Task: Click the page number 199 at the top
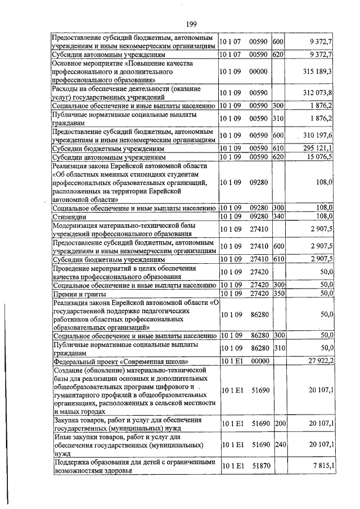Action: (190, 24)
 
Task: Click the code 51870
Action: (260, 466)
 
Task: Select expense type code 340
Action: (278, 217)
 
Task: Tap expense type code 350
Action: (278, 294)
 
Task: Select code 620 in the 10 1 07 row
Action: (278, 55)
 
